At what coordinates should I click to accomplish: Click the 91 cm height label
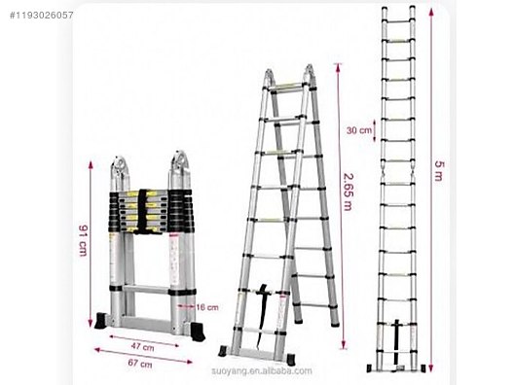[x=83, y=241]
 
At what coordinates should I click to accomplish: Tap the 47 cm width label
[x=142, y=346]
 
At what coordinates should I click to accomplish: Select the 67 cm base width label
[x=140, y=363]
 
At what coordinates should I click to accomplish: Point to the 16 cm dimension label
[x=207, y=307]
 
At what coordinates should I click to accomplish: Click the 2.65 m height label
[x=348, y=192]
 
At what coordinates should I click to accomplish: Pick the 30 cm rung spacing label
[x=359, y=130]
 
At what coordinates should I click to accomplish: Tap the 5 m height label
[x=439, y=170]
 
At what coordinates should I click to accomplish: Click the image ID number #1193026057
[x=41, y=15]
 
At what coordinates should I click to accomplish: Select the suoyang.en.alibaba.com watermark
[x=262, y=371]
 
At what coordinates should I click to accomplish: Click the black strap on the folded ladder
[x=142, y=211]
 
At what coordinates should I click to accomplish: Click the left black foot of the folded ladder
[x=101, y=321]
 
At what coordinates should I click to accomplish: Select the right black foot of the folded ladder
[x=198, y=331]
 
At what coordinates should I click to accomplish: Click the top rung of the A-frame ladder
[x=286, y=87]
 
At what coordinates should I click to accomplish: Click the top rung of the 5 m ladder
[x=398, y=21]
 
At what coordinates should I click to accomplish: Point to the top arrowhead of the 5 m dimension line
[x=431, y=12]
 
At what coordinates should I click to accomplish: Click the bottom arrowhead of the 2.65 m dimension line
[x=344, y=344]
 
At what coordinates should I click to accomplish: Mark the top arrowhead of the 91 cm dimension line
[x=91, y=165]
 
